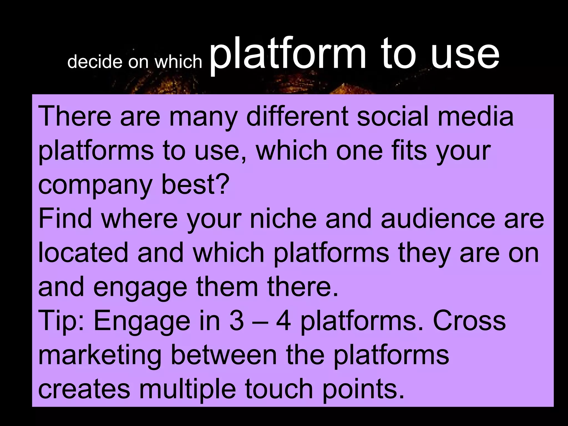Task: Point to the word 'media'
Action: click(x=476, y=116)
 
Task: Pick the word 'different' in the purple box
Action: click(x=297, y=116)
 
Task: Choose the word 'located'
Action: click(x=83, y=253)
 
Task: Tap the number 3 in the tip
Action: click(x=237, y=321)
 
